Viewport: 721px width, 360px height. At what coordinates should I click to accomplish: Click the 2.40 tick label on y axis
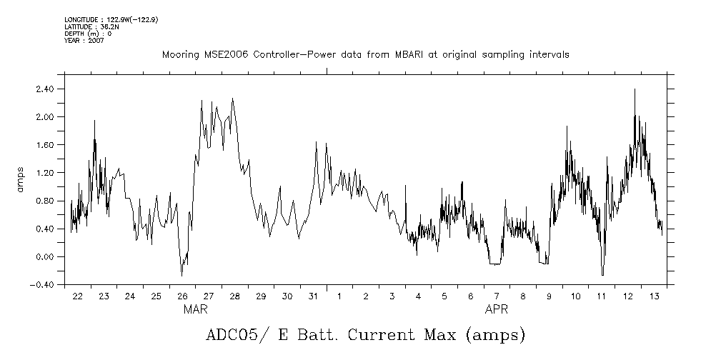(45, 89)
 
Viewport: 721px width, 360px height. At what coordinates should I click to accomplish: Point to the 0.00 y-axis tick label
(45, 256)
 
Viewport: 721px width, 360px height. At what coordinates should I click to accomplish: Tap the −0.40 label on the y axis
(43, 284)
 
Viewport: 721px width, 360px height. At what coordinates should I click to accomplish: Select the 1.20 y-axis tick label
(45, 173)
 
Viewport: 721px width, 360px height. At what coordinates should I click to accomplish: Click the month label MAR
(196, 311)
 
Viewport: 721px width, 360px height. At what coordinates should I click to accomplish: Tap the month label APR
(497, 311)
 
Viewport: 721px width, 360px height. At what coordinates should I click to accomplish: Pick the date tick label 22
(77, 296)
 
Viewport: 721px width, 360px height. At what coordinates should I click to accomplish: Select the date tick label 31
(313, 296)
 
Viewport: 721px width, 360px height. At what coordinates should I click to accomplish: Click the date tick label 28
(234, 296)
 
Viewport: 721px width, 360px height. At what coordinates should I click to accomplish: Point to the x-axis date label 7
(497, 296)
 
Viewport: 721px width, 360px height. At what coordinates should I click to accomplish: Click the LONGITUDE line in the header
(111, 19)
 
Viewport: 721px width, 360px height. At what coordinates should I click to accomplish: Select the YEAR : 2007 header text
(84, 41)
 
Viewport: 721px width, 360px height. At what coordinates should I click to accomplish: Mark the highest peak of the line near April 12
(634, 89)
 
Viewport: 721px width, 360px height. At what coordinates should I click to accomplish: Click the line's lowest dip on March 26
(182, 275)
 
